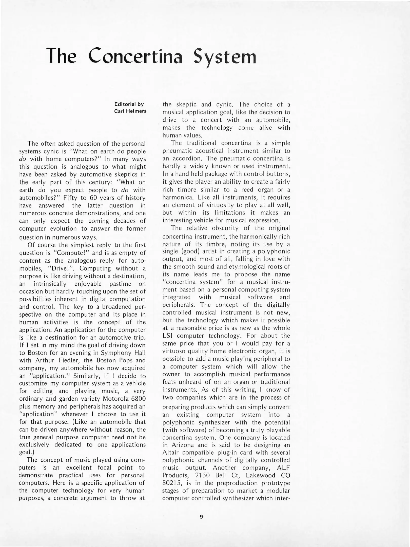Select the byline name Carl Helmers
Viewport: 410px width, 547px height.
coord(130,111)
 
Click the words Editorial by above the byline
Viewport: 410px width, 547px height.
coord(129,104)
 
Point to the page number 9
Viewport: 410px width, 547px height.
coord(201,517)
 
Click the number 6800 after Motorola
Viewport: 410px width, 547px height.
coord(139,399)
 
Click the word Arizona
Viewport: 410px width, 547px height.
coord(185,445)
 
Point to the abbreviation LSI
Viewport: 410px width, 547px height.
coord(167,336)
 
